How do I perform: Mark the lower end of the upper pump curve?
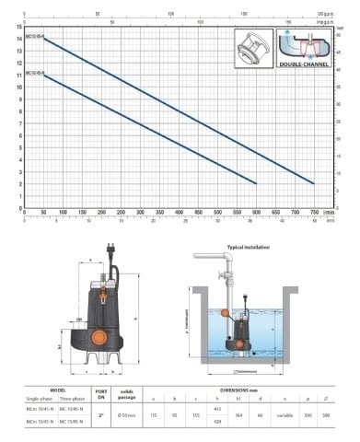[x=313, y=183]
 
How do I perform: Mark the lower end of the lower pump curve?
[x=256, y=183]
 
